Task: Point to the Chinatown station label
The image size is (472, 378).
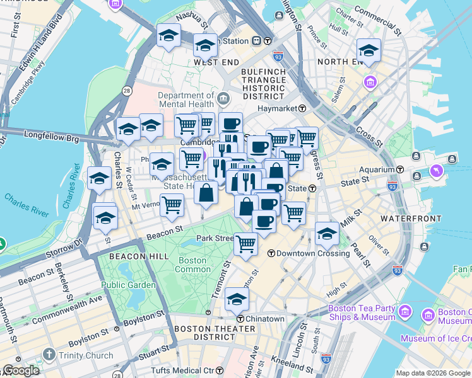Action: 264,319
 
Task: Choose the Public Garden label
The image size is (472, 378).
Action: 129,285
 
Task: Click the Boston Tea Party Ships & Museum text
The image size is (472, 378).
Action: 362,312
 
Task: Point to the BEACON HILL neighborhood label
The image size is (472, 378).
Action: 138,256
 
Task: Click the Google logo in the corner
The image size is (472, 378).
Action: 20,370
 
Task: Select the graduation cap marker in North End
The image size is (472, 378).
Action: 369,51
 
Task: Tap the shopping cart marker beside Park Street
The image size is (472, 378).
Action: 245,243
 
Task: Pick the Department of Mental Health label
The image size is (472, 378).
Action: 185,100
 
